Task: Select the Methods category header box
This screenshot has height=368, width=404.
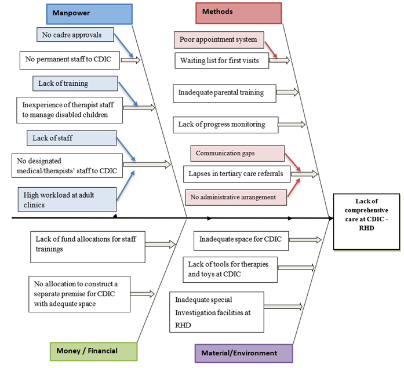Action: [238, 12]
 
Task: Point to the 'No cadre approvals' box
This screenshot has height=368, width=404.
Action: [73, 35]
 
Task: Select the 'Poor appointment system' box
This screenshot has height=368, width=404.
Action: [219, 39]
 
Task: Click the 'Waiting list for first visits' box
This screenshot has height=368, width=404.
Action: [221, 60]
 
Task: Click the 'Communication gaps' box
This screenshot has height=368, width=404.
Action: [238, 154]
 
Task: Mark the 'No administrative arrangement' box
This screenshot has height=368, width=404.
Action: [235, 197]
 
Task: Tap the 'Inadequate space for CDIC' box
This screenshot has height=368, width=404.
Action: [241, 239]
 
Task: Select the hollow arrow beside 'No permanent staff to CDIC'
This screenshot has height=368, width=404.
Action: [131, 59]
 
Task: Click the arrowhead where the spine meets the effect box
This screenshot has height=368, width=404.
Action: [331, 218]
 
